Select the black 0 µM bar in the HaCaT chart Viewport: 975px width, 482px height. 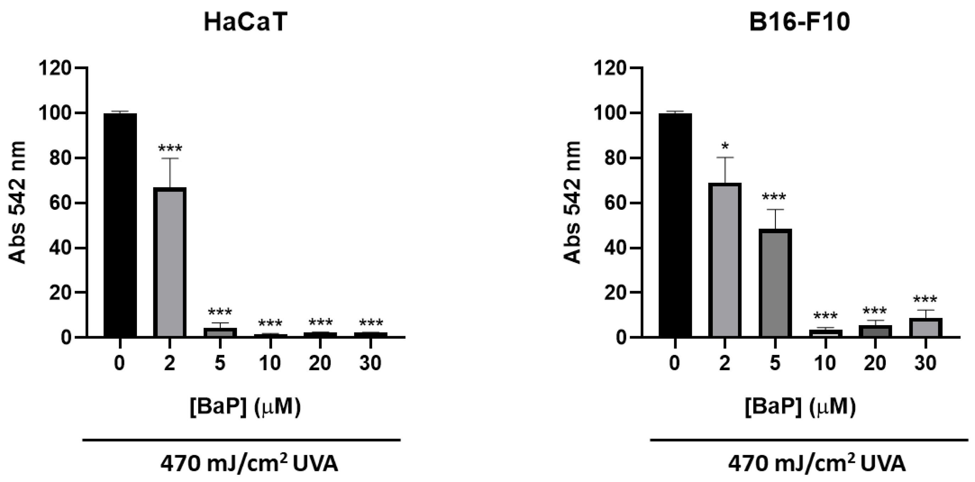(120, 225)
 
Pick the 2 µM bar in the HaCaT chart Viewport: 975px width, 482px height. (170, 262)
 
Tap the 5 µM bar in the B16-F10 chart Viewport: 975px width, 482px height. (775, 283)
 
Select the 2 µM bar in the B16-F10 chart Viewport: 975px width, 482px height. (725, 260)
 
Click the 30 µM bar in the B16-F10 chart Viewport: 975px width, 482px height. (925, 328)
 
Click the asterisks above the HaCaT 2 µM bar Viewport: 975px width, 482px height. (170, 148)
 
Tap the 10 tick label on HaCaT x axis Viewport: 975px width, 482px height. (270, 363)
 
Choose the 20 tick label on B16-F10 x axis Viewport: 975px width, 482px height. (875, 363)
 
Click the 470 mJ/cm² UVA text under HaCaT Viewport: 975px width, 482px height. (249, 464)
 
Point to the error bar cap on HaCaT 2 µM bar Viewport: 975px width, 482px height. (170, 158)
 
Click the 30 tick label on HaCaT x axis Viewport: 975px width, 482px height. (370, 363)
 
